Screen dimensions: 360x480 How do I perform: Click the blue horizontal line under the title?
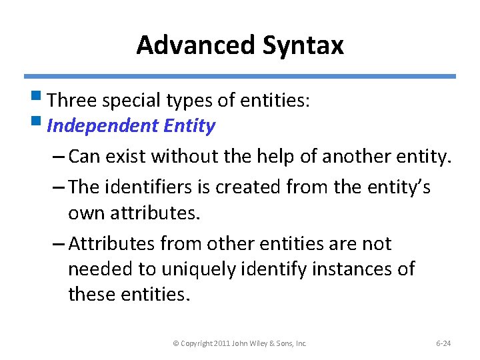tap(240, 77)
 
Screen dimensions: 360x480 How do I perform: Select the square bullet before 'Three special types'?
tap(41, 99)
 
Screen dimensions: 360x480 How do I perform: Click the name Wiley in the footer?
tap(258, 343)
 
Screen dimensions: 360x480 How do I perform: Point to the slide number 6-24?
tap(443, 343)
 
